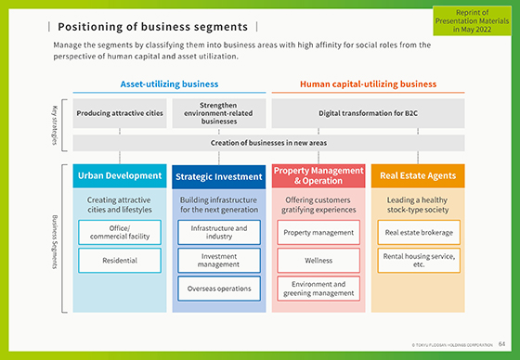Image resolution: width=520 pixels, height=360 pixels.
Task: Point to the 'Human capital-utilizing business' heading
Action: click(368, 84)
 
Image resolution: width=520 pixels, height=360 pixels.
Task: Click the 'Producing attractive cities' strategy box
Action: click(119, 114)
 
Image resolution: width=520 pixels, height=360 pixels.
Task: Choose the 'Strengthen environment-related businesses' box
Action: click(219, 114)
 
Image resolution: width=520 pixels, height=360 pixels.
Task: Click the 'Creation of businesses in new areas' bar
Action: click(268, 143)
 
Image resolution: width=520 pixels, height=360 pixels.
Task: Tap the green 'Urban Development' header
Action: click(119, 175)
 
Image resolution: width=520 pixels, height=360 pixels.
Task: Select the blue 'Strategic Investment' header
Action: click(219, 176)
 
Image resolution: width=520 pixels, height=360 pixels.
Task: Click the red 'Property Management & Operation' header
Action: click(318, 175)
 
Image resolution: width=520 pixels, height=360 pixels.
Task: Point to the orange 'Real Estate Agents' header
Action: click(416, 175)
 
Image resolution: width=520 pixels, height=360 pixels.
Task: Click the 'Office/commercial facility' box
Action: click(119, 232)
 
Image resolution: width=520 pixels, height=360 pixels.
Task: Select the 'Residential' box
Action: click(119, 261)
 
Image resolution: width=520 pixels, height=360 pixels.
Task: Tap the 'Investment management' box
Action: click(219, 260)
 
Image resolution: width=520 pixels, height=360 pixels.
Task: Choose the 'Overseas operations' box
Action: click(219, 289)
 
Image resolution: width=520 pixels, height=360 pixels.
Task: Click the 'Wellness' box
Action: click(318, 261)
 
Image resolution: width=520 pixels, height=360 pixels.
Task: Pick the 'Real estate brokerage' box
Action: click(416, 232)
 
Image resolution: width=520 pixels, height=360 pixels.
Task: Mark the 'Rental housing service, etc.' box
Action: click(416, 260)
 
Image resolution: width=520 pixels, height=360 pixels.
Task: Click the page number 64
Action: click(501, 344)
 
